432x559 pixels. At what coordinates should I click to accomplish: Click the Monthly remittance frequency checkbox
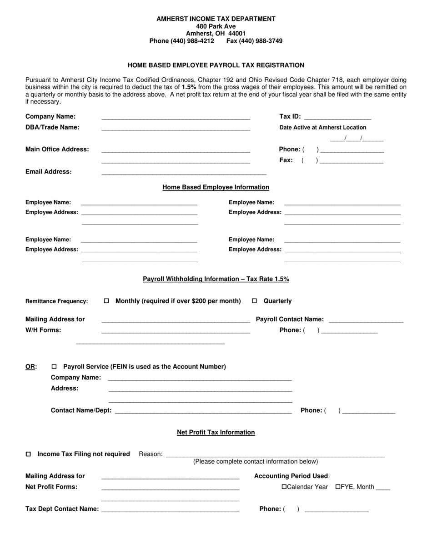pyautogui.click(x=107, y=301)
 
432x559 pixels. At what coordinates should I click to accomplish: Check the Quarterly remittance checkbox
pyautogui.click(x=255, y=301)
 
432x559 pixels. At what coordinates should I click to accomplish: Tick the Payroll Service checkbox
pyautogui.click(x=55, y=367)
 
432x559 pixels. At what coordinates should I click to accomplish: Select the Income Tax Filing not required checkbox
pyautogui.click(x=29, y=454)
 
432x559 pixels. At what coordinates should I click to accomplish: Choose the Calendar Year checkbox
pyautogui.click(x=284, y=487)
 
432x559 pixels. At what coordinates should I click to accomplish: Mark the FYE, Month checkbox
pyautogui.click(x=338, y=487)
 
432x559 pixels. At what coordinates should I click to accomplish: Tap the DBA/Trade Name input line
pyautogui.click(x=176, y=128)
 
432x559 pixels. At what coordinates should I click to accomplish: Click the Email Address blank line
pyautogui.click(x=184, y=173)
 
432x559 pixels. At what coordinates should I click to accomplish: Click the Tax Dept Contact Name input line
pyautogui.click(x=171, y=510)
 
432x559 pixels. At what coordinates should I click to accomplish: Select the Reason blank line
pyautogui.click(x=276, y=454)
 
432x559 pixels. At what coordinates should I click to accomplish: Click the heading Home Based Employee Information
pyautogui.click(x=216, y=187)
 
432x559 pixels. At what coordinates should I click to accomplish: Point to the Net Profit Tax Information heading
pyautogui.click(x=216, y=432)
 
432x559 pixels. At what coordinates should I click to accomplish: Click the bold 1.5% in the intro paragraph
pyautogui.click(x=189, y=86)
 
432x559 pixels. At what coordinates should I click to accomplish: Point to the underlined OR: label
pyautogui.click(x=31, y=367)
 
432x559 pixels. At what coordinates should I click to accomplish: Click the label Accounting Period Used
pyautogui.click(x=291, y=476)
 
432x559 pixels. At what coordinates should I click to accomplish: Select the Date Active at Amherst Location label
pyautogui.click(x=322, y=128)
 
